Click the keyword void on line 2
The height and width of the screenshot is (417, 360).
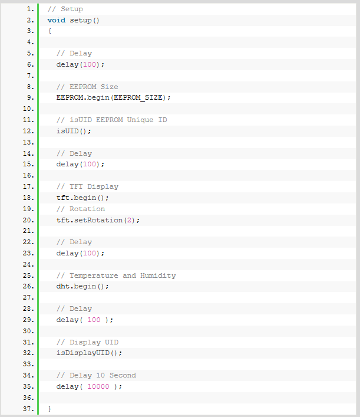(57, 20)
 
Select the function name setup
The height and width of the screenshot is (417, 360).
(81, 21)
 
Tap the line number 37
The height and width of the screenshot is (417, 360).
(28, 409)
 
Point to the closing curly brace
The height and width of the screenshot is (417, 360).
(49, 409)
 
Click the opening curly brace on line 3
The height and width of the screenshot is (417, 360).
(49, 31)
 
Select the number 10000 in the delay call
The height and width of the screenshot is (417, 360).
(98, 386)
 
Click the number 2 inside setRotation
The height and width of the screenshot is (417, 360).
(130, 220)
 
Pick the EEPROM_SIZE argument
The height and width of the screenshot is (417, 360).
(138, 98)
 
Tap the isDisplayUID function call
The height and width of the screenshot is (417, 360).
(90, 353)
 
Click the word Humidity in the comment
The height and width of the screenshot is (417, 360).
(158, 276)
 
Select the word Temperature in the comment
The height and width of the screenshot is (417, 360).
(94, 276)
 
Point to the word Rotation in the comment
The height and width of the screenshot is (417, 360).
(87, 209)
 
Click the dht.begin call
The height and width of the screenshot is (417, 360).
(82, 287)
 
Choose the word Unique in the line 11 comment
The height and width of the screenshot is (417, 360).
(140, 120)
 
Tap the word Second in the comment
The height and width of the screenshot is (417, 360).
(123, 375)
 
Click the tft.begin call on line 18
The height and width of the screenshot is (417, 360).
(82, 198)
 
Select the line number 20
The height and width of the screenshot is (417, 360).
(28, 220)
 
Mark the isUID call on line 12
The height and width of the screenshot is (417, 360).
(74, 131)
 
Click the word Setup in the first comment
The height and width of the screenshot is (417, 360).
(72, 9)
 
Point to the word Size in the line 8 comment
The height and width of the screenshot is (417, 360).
(109, 87)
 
